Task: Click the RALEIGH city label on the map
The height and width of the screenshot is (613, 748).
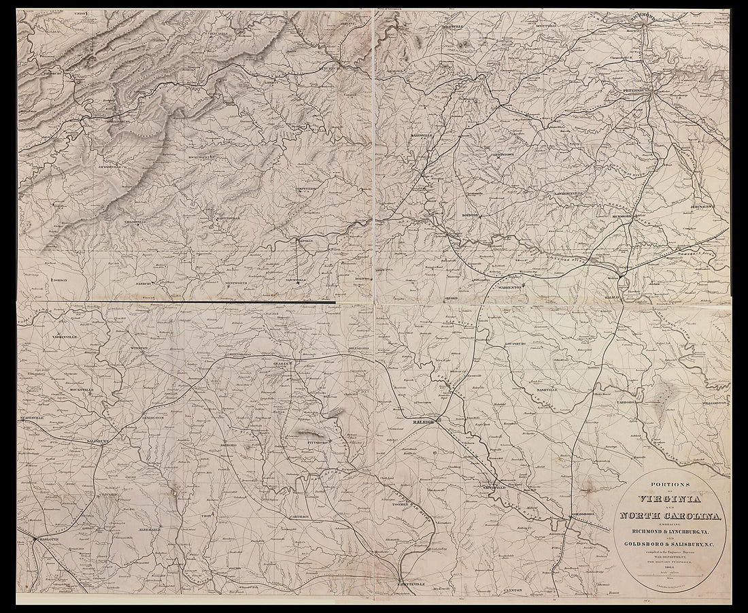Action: click(x=423, y=422)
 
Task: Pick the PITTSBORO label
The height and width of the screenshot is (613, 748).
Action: click(x=310, y=442)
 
